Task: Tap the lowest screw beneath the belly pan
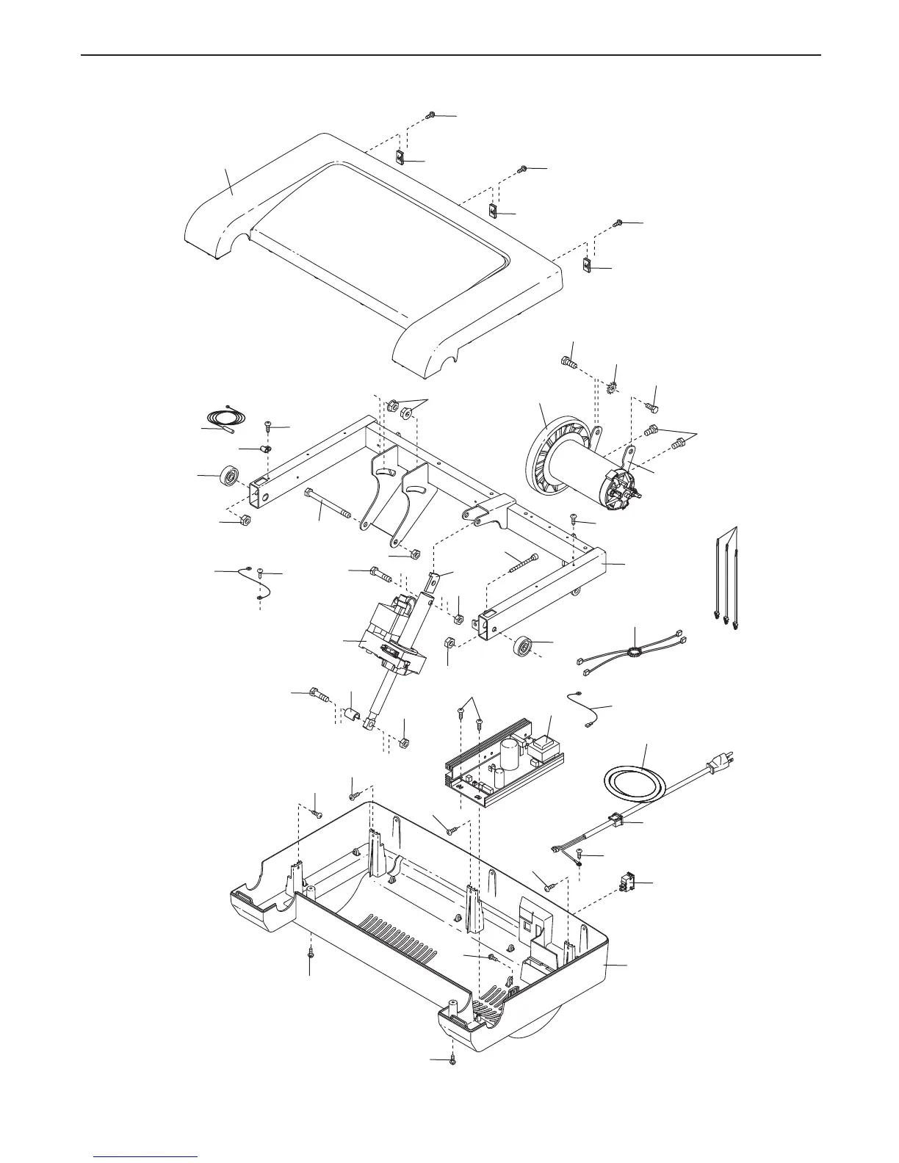tap(452, 1059)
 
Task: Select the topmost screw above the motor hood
tap(431, 115)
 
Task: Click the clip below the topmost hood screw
tap(400, 158)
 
